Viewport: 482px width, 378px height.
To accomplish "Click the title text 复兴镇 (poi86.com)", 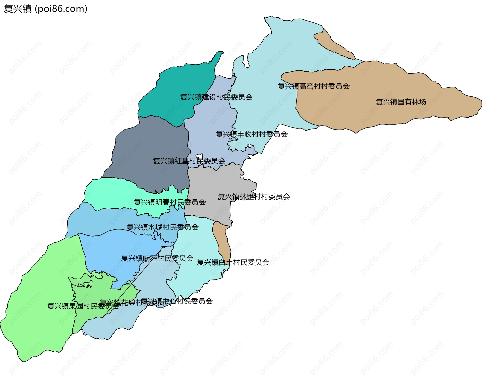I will pyautogui.click(x=45, y=9).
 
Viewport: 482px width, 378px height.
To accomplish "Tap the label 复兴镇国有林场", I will pyautogui.click(x=401, y=102).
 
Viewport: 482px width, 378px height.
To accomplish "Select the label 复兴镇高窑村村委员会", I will pyautogui.click(x=314, y=86).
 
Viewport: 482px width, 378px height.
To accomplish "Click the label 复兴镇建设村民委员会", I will pyautogui.click(x=216, y=97).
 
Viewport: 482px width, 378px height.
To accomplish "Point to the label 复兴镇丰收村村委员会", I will pyautogui.click(x=252, y=134).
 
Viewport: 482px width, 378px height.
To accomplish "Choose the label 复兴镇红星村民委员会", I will pyautogui.click(x=189, y=161).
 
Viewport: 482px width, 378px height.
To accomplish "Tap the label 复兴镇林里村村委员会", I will pyautogui.click(x=254, y=197).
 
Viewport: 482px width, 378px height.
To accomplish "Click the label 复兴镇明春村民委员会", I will pyautogui.click(x=170, y=202).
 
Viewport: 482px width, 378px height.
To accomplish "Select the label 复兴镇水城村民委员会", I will pyautogui.click(x=162, y=227).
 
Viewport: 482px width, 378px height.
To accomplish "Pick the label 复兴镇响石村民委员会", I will pyautogui.click(x=157, y=258).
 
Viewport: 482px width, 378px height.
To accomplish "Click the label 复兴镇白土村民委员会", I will pyautogui.click(x=233, y=262).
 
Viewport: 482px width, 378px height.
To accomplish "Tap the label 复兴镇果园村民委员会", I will pyautogui.click(x=83, y=306).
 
